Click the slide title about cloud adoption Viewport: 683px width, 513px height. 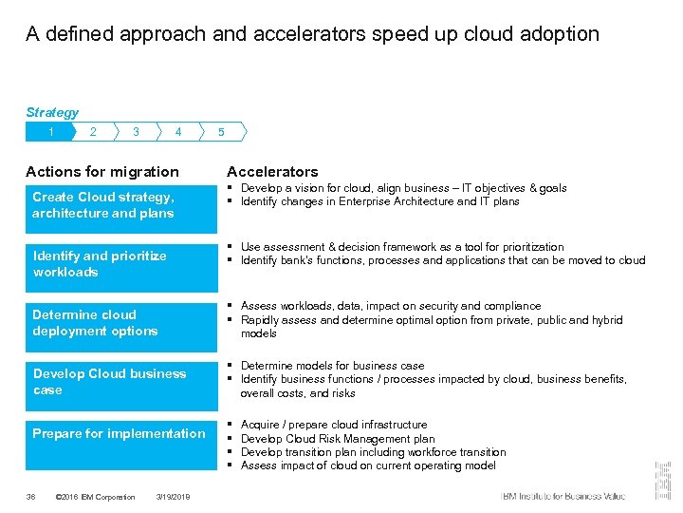(312, 34)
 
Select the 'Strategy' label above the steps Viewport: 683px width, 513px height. (52, 112)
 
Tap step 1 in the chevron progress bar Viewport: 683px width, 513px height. (50, 132)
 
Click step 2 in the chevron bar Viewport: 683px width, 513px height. (93, 132)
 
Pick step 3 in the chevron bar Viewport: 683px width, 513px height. (136, 132)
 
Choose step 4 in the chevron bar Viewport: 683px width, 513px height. (178, 132)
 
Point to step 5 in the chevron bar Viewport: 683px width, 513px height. (221, 132)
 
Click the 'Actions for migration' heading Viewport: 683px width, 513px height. (102, 172)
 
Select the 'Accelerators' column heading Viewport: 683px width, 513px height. (272, 172)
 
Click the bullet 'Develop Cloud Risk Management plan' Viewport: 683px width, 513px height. (338, 439)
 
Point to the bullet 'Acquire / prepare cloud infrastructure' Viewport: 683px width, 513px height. (334, 425)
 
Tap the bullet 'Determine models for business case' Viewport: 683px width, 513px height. (332, 366)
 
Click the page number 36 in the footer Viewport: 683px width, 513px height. (31, 497)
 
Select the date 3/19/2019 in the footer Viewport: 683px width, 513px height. (173, 497)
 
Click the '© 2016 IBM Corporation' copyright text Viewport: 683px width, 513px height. (96, 497)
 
